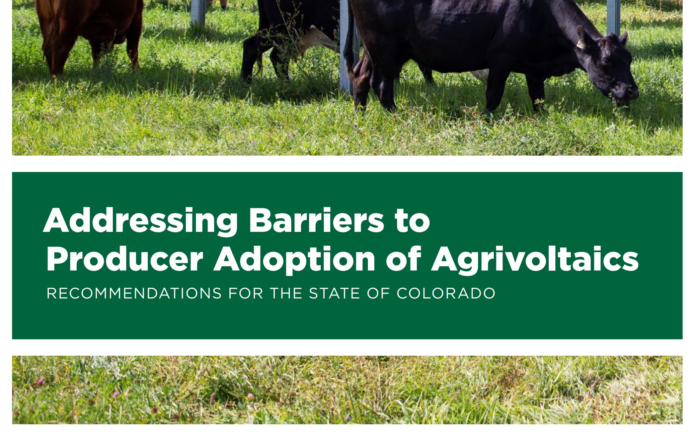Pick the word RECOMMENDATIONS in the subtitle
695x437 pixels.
134,293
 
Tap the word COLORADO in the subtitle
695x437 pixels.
446,293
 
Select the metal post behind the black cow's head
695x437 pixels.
613,17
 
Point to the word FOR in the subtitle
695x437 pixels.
245,293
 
